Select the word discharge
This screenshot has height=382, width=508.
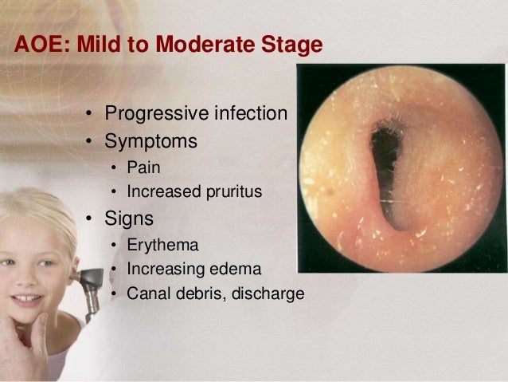pyautogui.click(x=267, y=294)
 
